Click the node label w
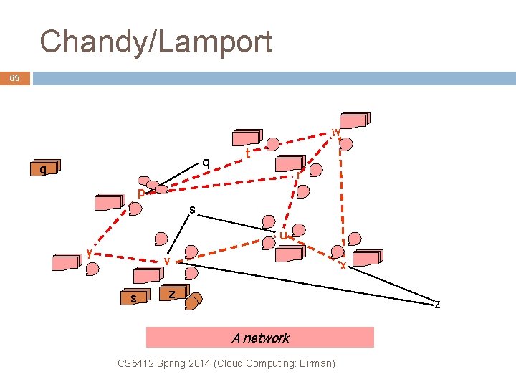335,132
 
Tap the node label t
247,153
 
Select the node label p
141,193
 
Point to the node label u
284,235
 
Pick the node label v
166,262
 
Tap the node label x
343,265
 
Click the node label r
297,174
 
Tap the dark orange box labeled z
171,294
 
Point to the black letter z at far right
437,304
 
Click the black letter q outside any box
206,163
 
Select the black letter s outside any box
192,209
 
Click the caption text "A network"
260,338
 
